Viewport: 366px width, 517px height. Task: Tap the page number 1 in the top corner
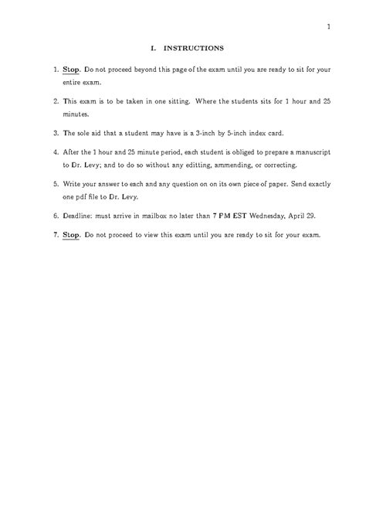click(329, 28)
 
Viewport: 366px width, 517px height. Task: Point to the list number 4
click(56, 152)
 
